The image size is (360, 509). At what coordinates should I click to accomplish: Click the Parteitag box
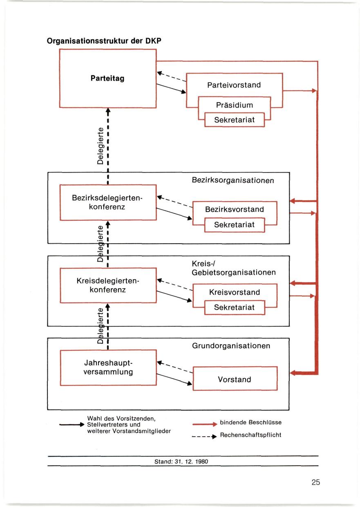(x=108, y=78)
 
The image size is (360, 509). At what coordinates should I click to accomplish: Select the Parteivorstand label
(x=234, y=85)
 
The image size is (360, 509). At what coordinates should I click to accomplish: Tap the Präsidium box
(x=234, y=105)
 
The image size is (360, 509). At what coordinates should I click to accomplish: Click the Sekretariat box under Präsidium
(x=234, y=120)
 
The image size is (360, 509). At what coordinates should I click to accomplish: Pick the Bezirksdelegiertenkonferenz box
(x=108, y=202)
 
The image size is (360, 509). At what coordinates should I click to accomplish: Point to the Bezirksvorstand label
(x=234, y=209)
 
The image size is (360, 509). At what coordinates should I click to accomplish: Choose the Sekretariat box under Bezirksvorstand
(x=234, y=224)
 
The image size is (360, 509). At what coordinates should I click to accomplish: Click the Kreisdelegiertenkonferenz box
(x=108, y=285)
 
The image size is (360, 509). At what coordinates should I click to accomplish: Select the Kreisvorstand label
(x=234, y=292)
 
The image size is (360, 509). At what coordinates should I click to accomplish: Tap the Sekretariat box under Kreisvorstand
(x=234, y=307)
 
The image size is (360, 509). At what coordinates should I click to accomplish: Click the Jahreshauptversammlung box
(x=108, y=368)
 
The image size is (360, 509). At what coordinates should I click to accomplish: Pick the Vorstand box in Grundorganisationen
(x=235, y=379)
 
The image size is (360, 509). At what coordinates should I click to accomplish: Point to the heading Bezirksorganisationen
(x=233, y=180)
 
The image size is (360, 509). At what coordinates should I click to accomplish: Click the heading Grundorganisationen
(x=231, y=346)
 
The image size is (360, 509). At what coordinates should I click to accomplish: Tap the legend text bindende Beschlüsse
(x=250, y=422)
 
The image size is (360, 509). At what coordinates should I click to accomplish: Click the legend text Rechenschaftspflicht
(x=250, y=435)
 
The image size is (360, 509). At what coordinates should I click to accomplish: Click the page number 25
(x=315, y=482)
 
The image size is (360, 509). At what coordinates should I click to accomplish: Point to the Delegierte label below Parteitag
(x=101, y=145)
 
